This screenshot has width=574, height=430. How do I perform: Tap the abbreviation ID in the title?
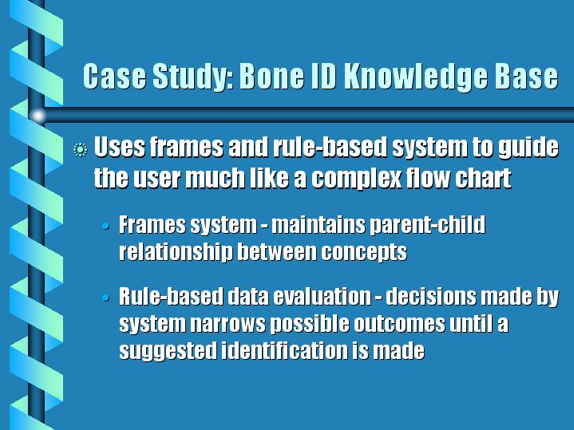[323, 76]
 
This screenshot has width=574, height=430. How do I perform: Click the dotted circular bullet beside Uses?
[80, 150]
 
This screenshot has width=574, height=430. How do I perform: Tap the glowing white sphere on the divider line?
[38, 116]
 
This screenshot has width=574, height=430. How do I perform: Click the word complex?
[356, 179]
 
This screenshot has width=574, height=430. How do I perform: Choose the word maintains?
[318, 224]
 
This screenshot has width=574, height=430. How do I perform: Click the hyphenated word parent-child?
[428, 225]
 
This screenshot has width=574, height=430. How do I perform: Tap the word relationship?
[176, 252]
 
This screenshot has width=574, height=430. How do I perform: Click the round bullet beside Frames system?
[106, 226]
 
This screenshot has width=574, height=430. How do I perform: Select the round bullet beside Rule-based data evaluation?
[106, 298]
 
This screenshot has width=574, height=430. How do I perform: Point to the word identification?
[284, 350]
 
